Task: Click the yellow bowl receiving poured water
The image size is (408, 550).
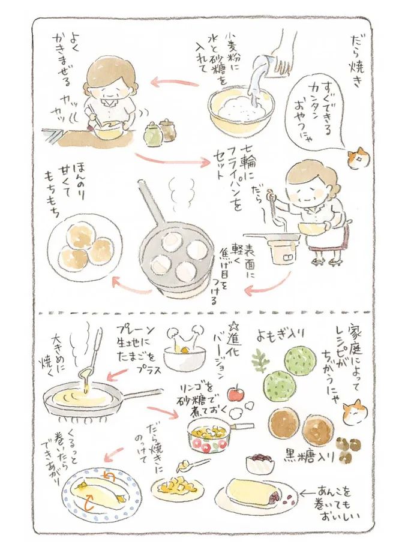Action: (x=239, y=110)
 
